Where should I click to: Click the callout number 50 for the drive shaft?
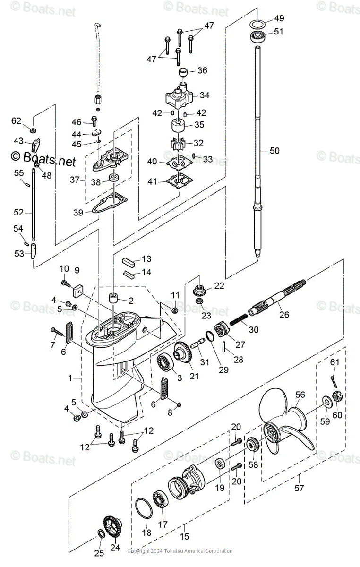pos(274,151)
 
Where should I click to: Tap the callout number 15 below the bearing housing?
pos(184,536)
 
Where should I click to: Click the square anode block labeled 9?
pos(76,288)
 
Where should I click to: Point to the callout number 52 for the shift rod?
pos(18,213)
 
